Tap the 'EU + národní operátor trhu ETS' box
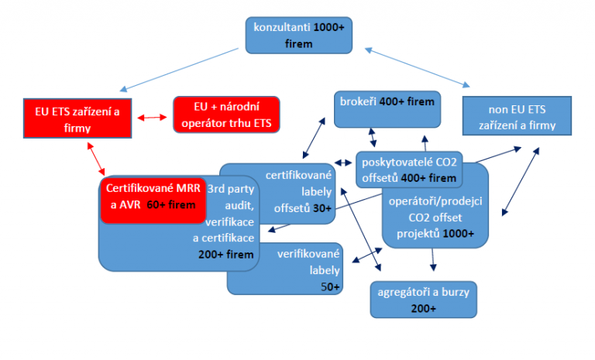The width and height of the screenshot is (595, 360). (x=226, y=115)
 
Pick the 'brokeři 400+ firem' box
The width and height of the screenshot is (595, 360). (x=387, y=109)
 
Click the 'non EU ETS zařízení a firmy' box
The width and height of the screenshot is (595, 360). (x=516, y=117)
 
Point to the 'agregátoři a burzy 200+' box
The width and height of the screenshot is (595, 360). (x=424, y=300)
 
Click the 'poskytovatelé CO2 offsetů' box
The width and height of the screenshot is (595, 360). (x=408, y=170)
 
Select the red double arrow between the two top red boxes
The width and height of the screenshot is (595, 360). (x=151, y=118)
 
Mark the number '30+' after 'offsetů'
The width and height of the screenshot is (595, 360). (x=319, y=208)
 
